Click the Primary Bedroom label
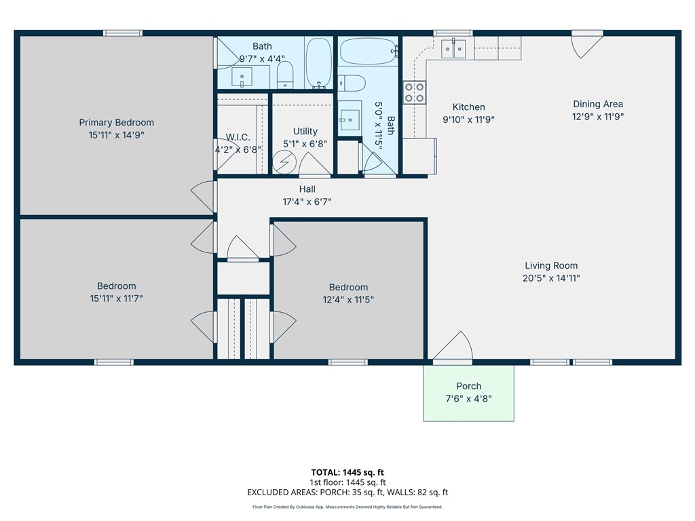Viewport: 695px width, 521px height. click(117, 122)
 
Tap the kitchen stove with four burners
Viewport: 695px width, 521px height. click(415, 92)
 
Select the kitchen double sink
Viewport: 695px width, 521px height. click(453, 49)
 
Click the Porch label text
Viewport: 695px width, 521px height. click(469, 386)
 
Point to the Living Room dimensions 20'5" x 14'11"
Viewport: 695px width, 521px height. click(551, 278)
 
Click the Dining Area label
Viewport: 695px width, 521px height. click(598, 104)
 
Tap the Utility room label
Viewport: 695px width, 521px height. click(305, 131)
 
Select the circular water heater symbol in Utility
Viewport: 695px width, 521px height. click(284, 162)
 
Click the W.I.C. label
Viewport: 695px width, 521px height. click(238, 137)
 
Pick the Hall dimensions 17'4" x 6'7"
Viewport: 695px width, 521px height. click(307, 202)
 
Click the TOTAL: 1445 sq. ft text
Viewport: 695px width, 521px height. click(347, 472)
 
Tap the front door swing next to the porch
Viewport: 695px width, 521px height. click(453, 346)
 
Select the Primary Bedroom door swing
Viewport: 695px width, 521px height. click(204, 197)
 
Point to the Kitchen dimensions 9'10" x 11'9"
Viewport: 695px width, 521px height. click(468, 119)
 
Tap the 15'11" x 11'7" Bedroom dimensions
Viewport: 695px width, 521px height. click(117, 298)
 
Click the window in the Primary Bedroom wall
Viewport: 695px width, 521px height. click(123, 33)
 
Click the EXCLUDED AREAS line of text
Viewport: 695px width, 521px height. click(347, 493)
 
